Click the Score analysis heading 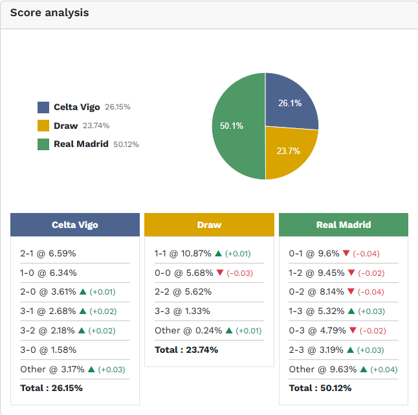pyautogui.click(x=49, y=13)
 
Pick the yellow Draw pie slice pyautogui.click(x=288, y=152)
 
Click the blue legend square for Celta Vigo pyautogui.click(x=43, y=107)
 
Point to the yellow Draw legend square pyautogui.click(x=43, y=126)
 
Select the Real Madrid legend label pyautogui.click(x=81, y=144)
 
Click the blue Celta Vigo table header pyautogui.click(x=75, y=225)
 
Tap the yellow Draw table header pyautogui.click(x=209, y=225)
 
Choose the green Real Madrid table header pyautogui.click(x=344, y=225)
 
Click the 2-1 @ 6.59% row pyautogui.click(x=48, y=253)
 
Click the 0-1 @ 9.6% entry pyautogui.click(x=314, y=253)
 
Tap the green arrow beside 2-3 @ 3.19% pyautogui.click(x=351, y=350)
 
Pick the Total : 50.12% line pyautogui.click(x=320, y=388)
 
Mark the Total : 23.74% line pyautogui.click(x=186, y=350)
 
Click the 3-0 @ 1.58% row pyautogui.click(x=48, y=350)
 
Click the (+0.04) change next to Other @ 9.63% pyautogui.click(x=384, y=369)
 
